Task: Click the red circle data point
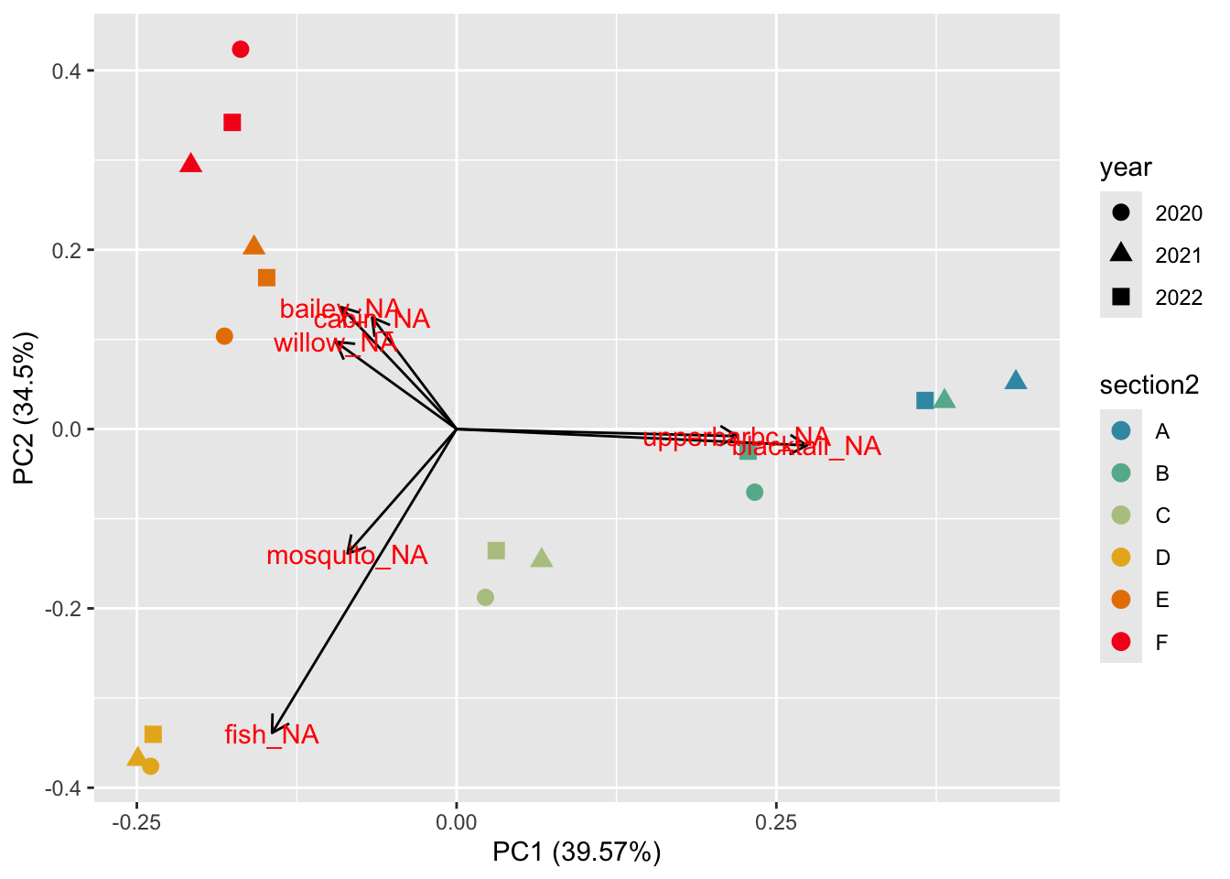click(241, 49)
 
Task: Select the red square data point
click(232, 123)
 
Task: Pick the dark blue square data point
click(925, 400)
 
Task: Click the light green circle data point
click(485, 598)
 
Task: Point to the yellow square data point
click(153, 734)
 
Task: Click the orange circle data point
click(224, 336)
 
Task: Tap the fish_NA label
click(272, 734)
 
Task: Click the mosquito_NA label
click(347, 556)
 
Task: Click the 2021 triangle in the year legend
click(1121, 255)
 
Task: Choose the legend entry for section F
click(1121, 642)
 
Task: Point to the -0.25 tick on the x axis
click(136, 822)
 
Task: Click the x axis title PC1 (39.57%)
click(577, 852)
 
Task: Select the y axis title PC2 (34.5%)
click(25, 408)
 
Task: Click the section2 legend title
click(1149, 385)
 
